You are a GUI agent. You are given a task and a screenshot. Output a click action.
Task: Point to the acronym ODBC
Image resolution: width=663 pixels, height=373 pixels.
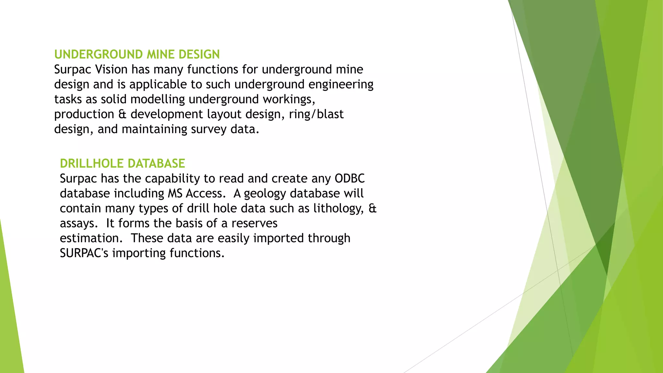pos(350,178)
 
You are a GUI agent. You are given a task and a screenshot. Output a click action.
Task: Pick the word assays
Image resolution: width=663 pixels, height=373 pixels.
pos(79,223)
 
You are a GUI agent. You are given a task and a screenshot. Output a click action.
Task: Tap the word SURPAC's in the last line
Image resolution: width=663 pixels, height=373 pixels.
pos(84,253)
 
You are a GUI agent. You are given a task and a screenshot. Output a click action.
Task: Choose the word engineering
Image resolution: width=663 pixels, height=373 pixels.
pos(341,85)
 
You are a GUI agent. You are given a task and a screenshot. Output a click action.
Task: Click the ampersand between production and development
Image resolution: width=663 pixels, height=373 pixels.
pos(122,114)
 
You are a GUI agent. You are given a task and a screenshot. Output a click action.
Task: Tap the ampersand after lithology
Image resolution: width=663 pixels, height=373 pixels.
pos(372,209)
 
